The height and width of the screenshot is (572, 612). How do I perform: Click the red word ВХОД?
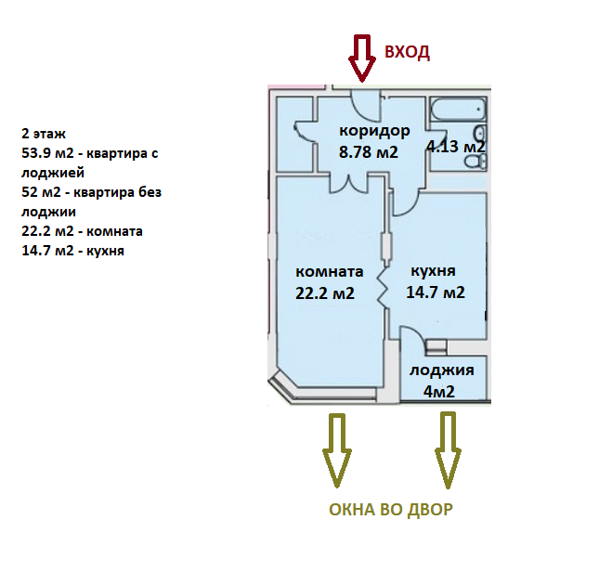coord(407,52)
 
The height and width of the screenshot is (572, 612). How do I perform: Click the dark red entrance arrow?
coord(359,58)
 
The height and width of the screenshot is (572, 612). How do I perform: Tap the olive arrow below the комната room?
coord(335,450)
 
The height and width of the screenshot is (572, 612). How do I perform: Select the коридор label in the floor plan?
coord(374,131)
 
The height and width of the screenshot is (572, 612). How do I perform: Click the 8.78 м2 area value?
coord(369,152)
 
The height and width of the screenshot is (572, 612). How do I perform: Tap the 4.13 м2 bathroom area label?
coord(455,147)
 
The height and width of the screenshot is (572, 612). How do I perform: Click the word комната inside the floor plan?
coord(329,272)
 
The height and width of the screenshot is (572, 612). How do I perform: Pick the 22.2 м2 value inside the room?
coord(325,294)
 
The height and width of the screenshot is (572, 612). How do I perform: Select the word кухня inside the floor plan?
coord(433,271)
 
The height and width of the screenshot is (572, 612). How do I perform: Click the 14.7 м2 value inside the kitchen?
coord(435,292)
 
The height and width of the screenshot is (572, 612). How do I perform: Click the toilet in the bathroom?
coord(477,160)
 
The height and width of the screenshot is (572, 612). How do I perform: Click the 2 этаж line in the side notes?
coord(44,134)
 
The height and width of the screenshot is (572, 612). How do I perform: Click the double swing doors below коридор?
coord(355,182)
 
